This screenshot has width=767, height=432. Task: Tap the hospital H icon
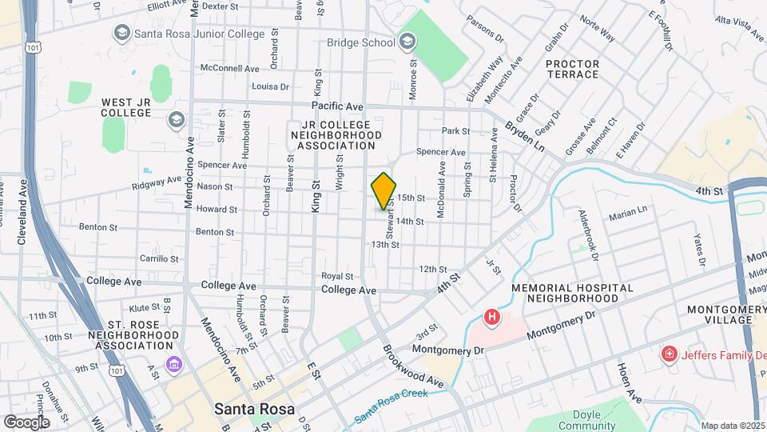point(492,317)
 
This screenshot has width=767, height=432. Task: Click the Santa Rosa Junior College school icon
point(121,33)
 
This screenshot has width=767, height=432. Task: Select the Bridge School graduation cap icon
point(407,42)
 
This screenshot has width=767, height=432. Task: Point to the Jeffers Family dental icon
point(666,354)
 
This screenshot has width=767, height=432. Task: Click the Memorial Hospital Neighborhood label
point(572,293)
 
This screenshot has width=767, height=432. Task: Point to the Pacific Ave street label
point(337,106)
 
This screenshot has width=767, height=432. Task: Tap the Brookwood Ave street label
point(413,366)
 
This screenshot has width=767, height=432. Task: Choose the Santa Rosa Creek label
point(391,406)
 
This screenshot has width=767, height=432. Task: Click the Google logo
point(26,422)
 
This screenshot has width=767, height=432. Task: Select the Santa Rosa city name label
point(251,409)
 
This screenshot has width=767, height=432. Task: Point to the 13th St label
point(384,244)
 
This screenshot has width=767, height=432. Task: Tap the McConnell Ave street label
point(230,69)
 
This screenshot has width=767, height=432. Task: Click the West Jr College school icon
point(176,120)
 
